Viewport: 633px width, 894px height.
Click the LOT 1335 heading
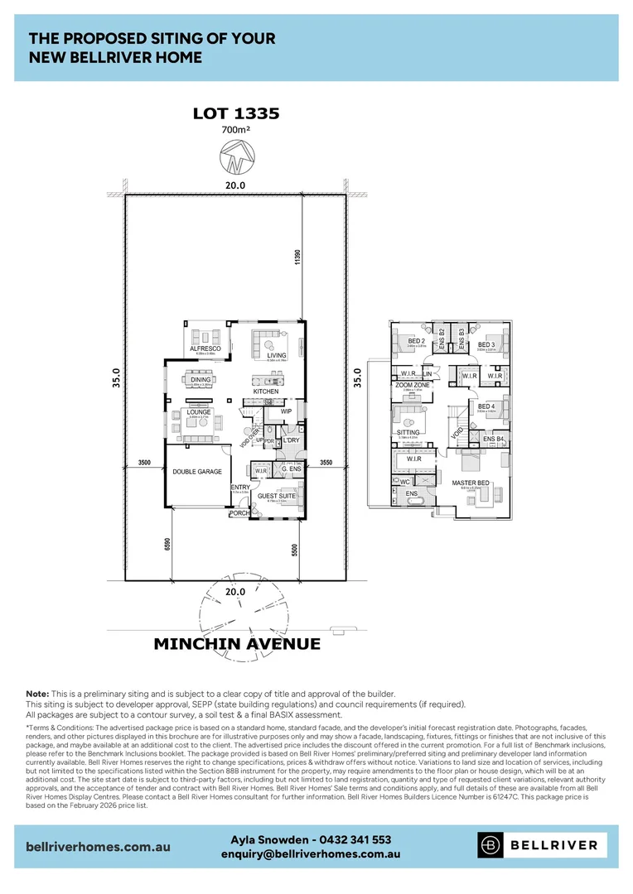236,113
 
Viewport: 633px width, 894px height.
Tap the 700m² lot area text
236,130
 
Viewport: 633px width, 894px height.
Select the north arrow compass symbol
236,157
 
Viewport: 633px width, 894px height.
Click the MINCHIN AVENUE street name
237,643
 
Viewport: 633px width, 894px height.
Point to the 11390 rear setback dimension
296,257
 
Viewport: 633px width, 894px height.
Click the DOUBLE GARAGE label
197,471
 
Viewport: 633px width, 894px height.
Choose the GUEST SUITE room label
276,496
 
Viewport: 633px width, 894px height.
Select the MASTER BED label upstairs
470,482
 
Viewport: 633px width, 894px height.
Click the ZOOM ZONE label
412,386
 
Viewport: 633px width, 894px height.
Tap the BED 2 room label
416,342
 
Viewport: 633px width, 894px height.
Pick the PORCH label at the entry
239,513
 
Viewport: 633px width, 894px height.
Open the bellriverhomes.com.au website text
99,847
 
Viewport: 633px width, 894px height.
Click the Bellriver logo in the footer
542,845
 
